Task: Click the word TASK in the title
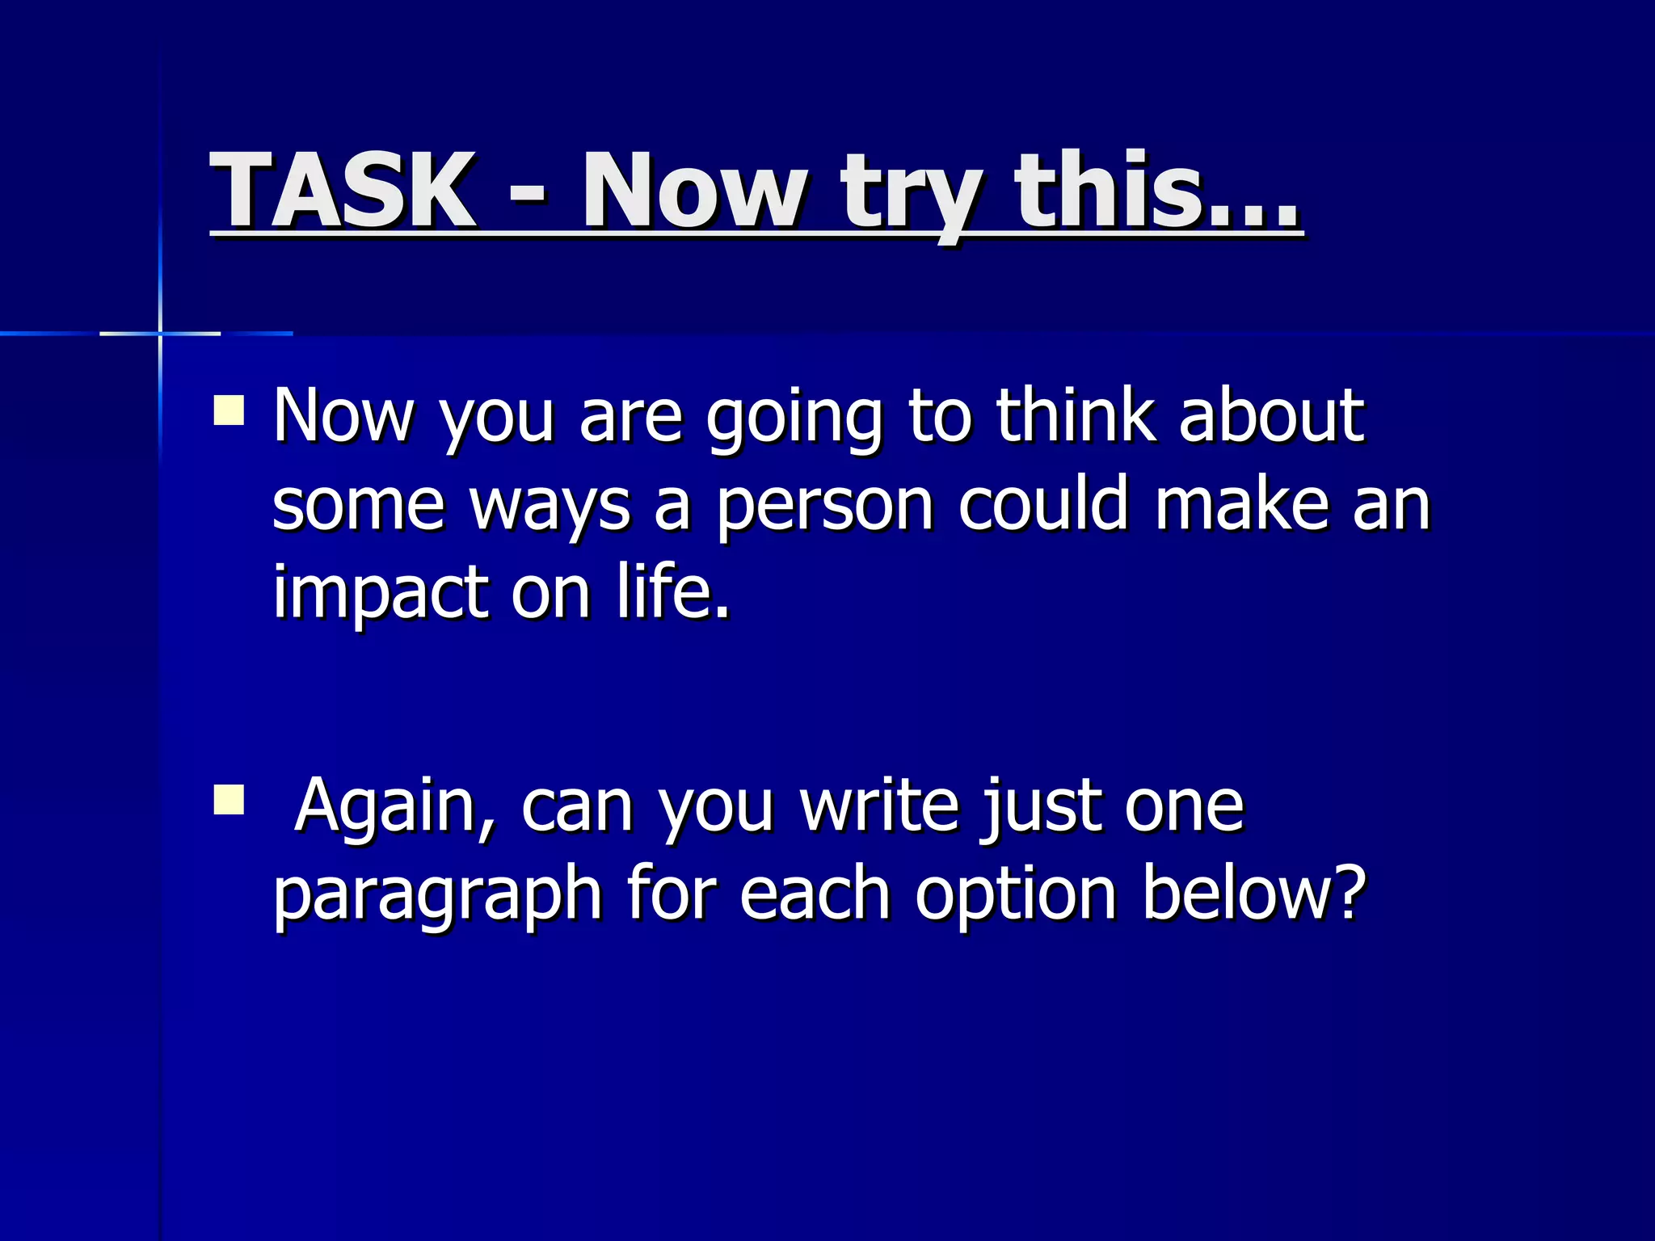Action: (x=343, y=191)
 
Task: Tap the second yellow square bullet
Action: (x=229, y=799)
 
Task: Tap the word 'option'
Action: (x=1015, y=898)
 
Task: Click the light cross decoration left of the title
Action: (x=160, y=333)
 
